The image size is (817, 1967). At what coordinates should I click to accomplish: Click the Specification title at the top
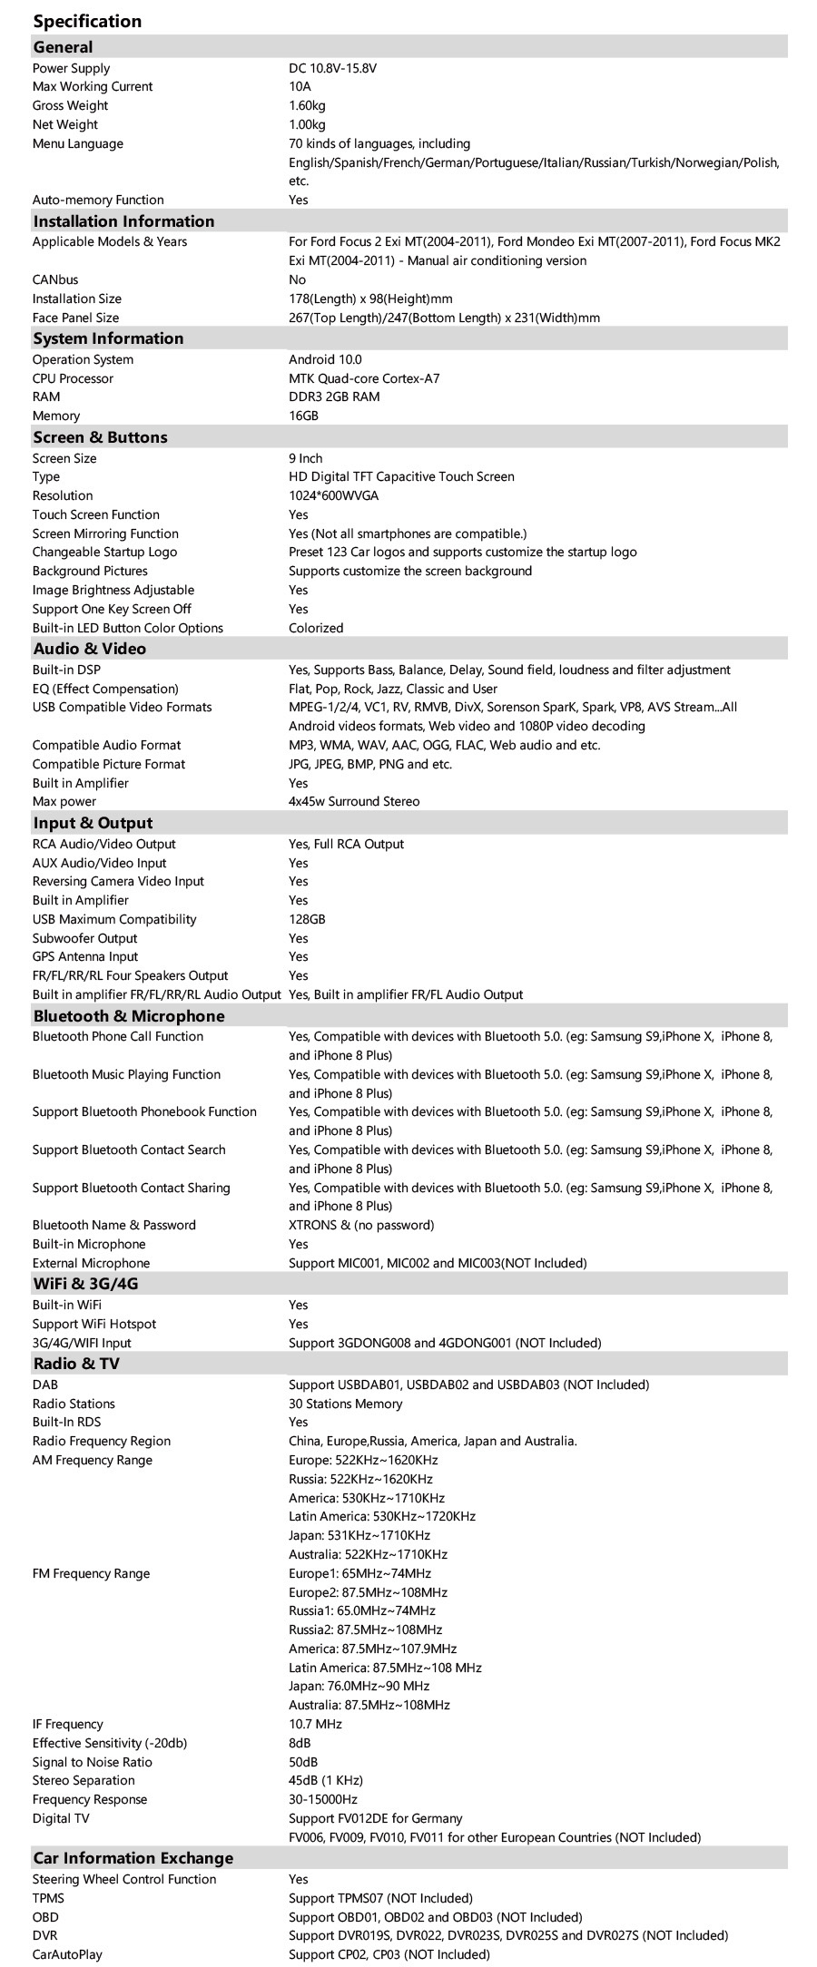[x=87, y=21]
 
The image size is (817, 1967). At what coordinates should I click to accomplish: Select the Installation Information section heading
[x=123, y=221]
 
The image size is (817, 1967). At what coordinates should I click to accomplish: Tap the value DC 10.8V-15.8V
[x=332, y=68]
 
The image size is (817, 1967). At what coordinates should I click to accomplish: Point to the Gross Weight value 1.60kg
[x=307, y=105]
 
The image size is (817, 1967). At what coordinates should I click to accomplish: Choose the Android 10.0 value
[x=325, y=359]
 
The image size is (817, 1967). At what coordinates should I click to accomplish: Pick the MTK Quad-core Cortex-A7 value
[x=364, y=378]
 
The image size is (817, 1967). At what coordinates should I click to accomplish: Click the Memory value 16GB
[x=304, y=416]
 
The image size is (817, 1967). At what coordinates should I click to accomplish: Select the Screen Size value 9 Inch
[x=305, y=458]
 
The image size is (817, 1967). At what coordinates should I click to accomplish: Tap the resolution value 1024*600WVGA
[x=333, y=495]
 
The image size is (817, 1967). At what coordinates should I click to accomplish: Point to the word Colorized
[x=316, y=628]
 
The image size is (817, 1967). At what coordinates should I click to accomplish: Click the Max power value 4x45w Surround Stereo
[x=354, y=801]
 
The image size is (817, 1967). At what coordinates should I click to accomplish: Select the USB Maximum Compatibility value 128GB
[x=307, y=919]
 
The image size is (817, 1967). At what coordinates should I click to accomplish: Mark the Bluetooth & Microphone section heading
[x=128, y=1016]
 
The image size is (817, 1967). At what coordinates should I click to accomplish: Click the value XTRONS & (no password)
[x=361, y=1225]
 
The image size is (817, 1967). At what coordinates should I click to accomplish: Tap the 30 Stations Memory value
[x=345, y=1404]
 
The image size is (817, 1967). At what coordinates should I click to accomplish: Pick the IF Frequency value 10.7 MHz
[x=315, y=1724]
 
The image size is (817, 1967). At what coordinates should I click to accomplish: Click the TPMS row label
[x=48, y=1898]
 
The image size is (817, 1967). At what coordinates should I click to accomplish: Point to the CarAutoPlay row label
[x=67, y=1954]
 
